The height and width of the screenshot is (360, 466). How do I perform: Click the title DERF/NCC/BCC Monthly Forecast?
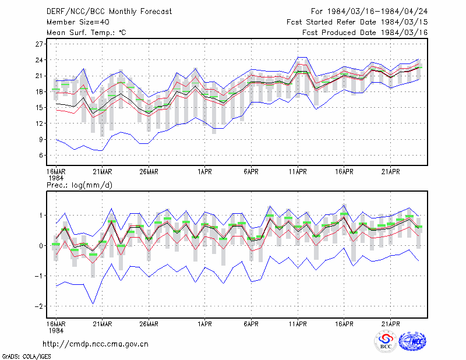[109, 12]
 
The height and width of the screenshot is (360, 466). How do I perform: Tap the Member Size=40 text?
[78, 22]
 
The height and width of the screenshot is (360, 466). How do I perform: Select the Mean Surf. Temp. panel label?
[86, 33]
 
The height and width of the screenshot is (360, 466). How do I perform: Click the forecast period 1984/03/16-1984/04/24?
[369, 12]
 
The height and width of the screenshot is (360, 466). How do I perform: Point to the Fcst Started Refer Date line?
[357, 22]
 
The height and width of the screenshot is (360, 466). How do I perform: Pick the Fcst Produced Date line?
[365, 33]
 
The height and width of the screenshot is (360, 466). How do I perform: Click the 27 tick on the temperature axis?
[39, 44]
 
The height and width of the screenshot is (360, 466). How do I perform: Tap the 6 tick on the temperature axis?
[41, 155]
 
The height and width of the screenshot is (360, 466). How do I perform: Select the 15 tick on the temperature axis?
[39, 108]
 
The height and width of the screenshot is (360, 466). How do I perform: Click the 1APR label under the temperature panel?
[205, 172]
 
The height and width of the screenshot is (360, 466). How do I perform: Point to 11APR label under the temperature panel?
[298, 172]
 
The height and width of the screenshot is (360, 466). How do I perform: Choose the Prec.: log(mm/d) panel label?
[79, 185]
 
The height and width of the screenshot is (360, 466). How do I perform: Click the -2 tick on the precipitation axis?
[38, 306]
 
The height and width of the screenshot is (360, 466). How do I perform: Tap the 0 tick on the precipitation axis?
[41, 246]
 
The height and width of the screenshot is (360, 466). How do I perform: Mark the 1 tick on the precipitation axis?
[41, 215]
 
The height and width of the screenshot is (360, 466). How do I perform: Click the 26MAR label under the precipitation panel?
[149, 324]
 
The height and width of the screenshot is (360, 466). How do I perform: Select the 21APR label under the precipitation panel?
[390, 324]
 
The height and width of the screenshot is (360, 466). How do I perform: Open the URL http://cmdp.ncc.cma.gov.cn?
[96, 344]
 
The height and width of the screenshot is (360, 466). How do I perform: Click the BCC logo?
[386, 341]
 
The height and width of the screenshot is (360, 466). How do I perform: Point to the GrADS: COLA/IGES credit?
[27, 357]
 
